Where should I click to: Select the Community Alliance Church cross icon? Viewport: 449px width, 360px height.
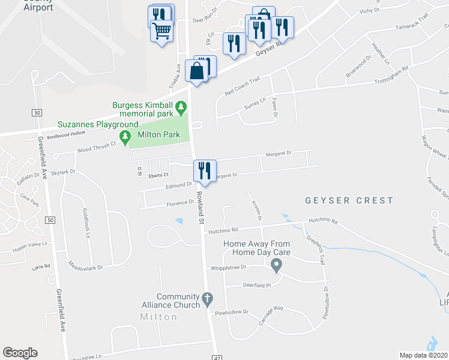point(206,298)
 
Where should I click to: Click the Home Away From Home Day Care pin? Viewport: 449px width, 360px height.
point(276,264)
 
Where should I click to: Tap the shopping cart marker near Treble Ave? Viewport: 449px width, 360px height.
point(162,31)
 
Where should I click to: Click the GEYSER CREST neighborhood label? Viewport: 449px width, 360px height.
point(349,200)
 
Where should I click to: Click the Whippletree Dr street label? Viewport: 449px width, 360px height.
point(228,268)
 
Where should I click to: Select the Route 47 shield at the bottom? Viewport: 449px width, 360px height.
point(218,357)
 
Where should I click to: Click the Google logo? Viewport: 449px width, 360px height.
point(20,353)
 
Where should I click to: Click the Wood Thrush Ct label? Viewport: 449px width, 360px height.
point(96,146)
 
